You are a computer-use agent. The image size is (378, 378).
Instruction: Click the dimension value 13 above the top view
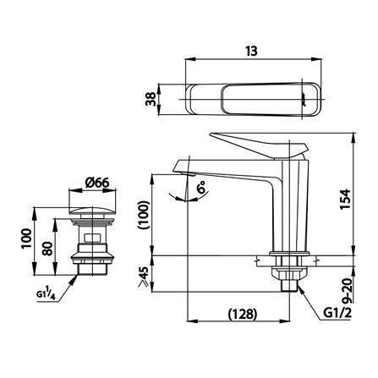click(x=251, y=52)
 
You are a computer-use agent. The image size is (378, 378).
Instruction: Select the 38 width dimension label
click(x=151, y=99)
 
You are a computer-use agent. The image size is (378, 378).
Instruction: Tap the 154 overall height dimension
click(x=345, y=199)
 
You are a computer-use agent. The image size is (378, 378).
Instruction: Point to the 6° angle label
click(x=201, y=187)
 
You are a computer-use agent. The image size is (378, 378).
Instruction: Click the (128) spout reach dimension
click(x=244, y=314)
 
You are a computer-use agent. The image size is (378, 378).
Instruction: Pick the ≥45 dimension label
click(x=143, y=277)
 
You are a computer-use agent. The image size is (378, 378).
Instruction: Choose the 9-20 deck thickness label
click(x=348, y=291)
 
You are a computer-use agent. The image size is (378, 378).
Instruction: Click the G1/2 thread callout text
click(x=337, y=313)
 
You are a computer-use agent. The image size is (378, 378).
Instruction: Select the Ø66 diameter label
click(x=97, y=184)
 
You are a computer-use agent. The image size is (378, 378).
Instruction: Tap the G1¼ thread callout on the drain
click(x=46, y=293)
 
